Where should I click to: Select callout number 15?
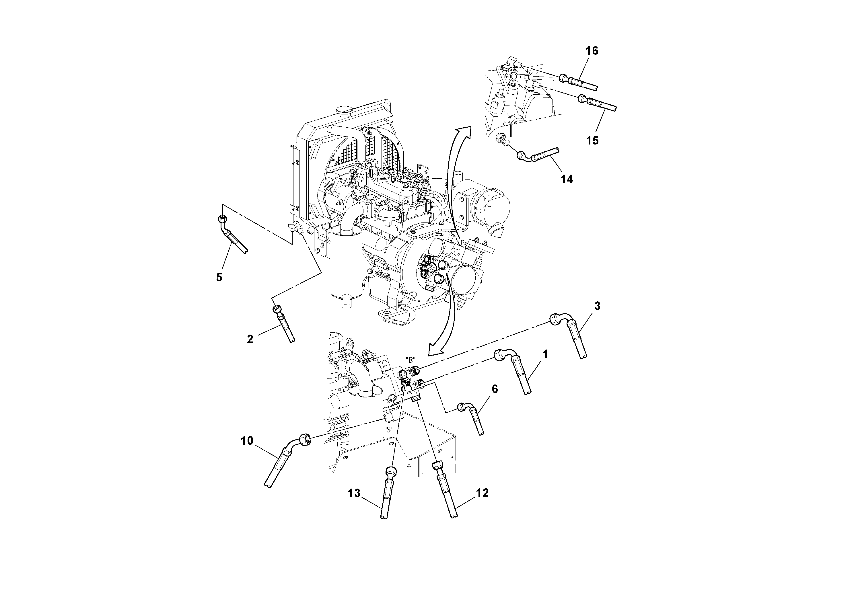pos(592,140)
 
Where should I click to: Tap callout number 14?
pos(567,179)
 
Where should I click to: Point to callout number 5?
pos(219,277)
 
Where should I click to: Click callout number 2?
pos(250,339)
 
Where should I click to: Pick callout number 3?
pos(597,306)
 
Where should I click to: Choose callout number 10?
pos(247,441)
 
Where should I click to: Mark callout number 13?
pos(354,493)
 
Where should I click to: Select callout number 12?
pos(482,493)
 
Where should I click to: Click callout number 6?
pos(494,389)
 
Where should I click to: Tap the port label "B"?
pos(410,360)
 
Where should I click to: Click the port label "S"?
pos(389,430)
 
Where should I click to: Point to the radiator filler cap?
pos(343,110)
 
